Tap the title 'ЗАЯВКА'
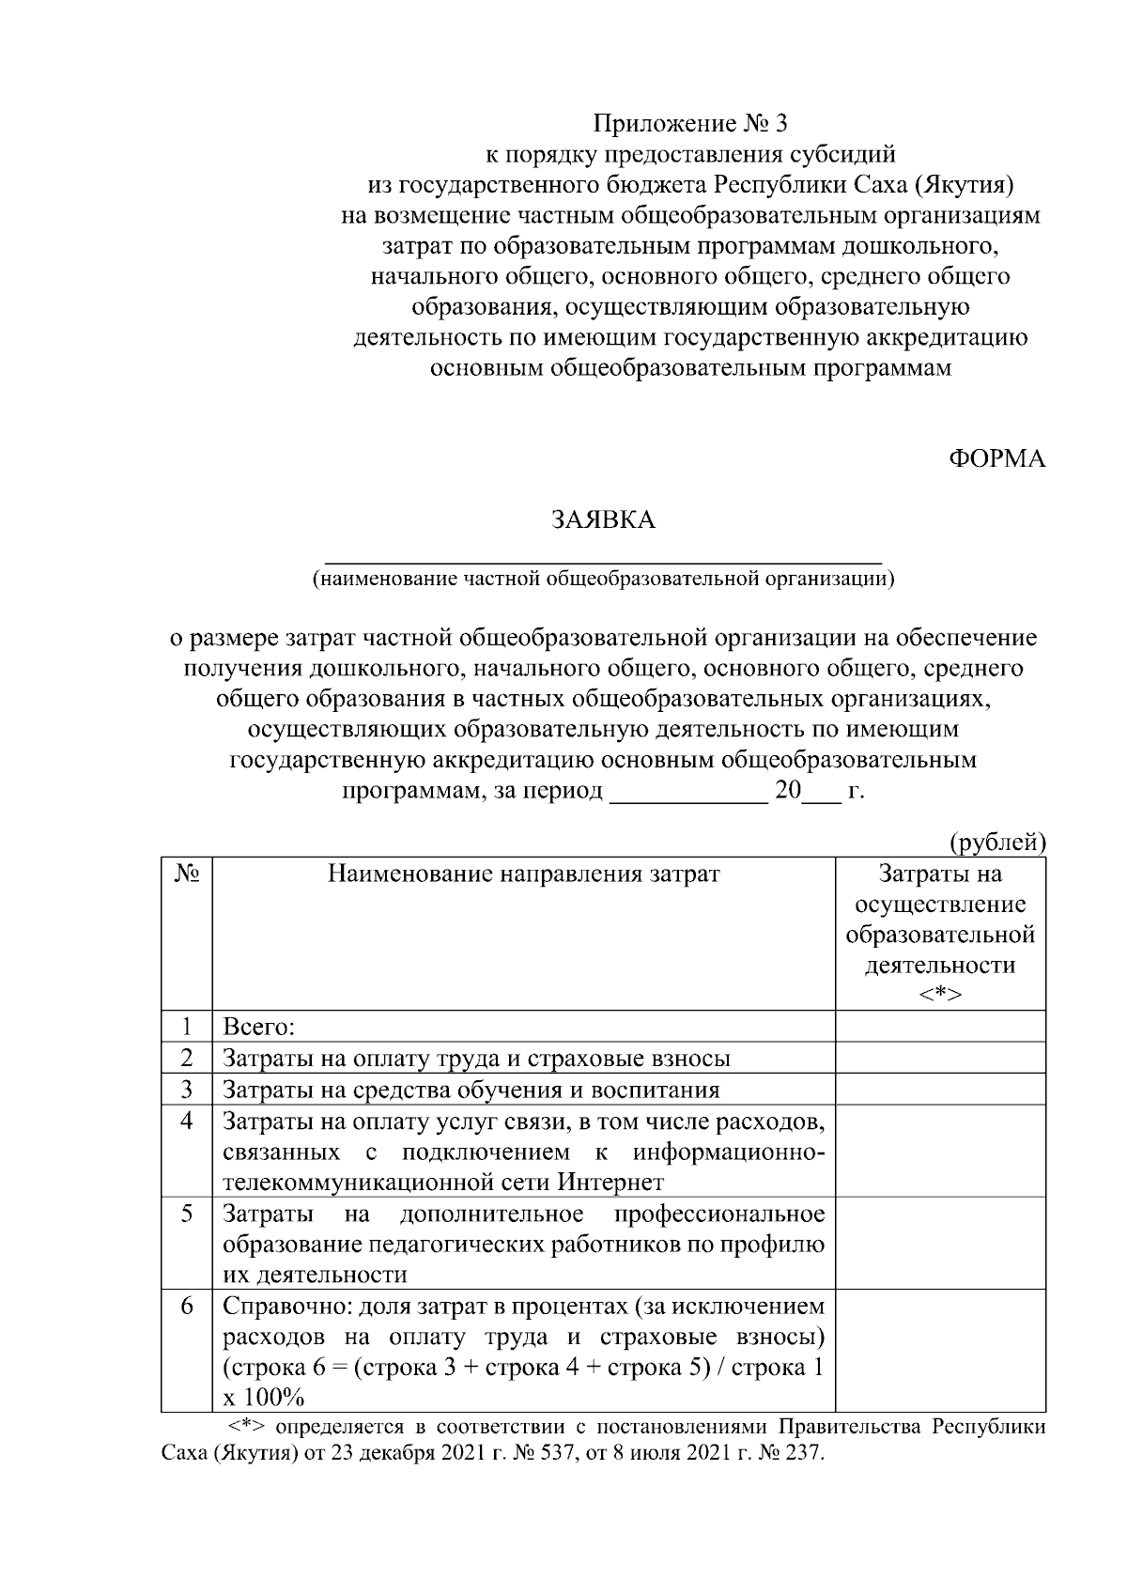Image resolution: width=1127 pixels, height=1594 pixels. (x=603, y=520)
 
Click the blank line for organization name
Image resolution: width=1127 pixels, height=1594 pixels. (x=603, y=554)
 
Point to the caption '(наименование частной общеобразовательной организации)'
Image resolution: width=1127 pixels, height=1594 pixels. (x=603, y=578)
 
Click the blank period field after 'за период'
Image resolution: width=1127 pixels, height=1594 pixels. (x=688, y=791)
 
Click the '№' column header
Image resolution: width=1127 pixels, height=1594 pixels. (x=187, y=874)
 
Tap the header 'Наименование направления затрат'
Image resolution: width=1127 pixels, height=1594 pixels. (x=523, y=874)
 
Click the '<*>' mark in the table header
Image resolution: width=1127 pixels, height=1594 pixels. (x=940, y=994)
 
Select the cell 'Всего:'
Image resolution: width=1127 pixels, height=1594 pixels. (x=259, y=1027)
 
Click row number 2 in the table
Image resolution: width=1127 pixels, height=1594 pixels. (x=187, y=1058)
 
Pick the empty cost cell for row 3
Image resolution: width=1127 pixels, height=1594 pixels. (x=940, y=1089)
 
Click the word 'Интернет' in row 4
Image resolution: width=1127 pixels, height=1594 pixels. (x=610, y=1182)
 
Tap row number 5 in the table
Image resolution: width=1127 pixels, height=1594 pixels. (x=187, y=1214)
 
